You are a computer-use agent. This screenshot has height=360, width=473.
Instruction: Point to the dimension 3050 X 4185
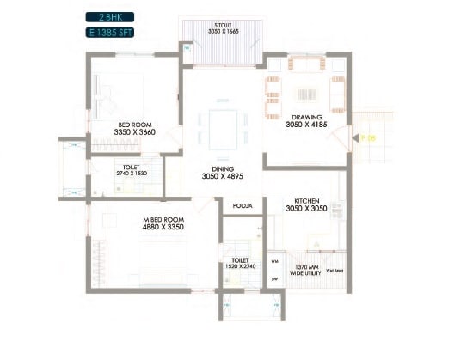(307, 125)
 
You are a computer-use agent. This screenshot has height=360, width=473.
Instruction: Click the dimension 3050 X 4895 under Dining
(222, 178)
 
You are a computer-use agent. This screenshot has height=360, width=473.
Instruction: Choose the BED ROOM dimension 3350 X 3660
(136, 132)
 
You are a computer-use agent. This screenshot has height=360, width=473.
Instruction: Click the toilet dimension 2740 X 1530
(132, 174)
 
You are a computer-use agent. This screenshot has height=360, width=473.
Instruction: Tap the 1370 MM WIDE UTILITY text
(307, 271)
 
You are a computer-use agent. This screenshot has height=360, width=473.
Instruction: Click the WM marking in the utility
(274, 261)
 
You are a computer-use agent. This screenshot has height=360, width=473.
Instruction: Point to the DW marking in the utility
(274, 279)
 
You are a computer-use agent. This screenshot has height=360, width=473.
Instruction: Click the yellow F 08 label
(368, 137)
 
